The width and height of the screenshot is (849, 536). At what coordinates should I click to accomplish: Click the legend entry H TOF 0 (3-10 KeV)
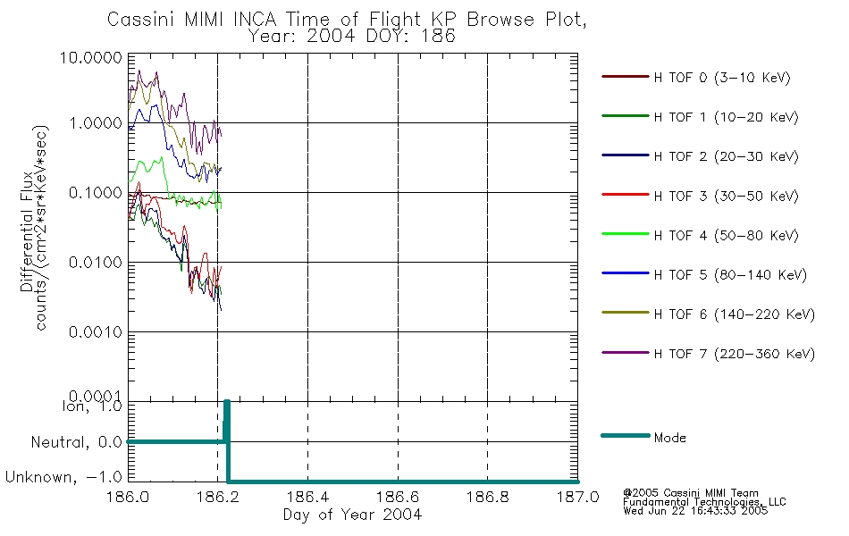tap(696, 78)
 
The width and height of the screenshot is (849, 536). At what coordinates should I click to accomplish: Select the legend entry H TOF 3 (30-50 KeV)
tap(700, 196)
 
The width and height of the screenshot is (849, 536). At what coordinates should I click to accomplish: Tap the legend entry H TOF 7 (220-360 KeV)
tap(708, 354)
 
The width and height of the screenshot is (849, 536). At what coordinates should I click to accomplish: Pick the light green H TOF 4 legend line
tap(625, 234)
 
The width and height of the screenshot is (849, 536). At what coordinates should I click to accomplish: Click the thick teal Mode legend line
tap(626, 435)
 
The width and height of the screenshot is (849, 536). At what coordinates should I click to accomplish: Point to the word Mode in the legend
tap(669, 438)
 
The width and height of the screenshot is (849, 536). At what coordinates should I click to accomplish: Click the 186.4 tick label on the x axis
tap(307, 497)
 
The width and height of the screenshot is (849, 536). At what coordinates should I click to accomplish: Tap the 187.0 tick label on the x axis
tap(577, 497)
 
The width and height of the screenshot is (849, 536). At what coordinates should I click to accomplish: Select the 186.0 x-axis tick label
tap(128, 497)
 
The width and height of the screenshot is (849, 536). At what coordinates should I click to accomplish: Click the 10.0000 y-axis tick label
tap(91, 57)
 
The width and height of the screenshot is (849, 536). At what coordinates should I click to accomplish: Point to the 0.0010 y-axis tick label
tap(96, 332)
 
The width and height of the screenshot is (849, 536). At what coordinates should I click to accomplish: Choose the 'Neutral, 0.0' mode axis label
tap(76, 442)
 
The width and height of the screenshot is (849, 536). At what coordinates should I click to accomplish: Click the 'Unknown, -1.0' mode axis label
tap(63, 477)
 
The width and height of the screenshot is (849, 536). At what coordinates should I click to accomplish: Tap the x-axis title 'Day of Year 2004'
tap(352, 515)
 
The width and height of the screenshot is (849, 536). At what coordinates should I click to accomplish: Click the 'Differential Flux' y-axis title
tap(27, 232)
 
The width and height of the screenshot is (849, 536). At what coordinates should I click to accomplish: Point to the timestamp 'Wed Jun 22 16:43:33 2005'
tap(695, 511)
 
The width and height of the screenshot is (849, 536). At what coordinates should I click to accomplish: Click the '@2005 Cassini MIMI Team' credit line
tap(691, 493)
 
